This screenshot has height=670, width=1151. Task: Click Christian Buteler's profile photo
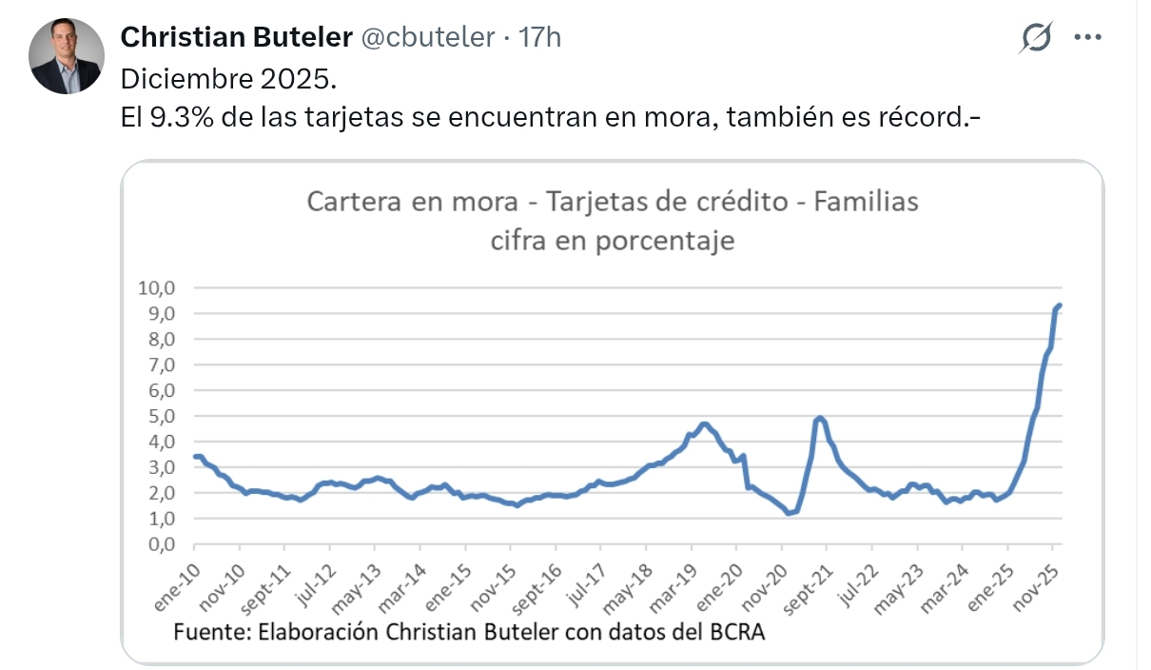[x=66, y=55]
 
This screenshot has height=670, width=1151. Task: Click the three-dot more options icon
[x=1087, y=37]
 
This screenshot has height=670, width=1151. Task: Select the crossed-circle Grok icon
[x=1036, y=37]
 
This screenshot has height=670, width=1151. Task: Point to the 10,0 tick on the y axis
[x=159, y=287]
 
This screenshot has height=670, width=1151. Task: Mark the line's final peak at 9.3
[x=1059, y=305]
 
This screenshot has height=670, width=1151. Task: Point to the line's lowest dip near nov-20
[x=789, y=513]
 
